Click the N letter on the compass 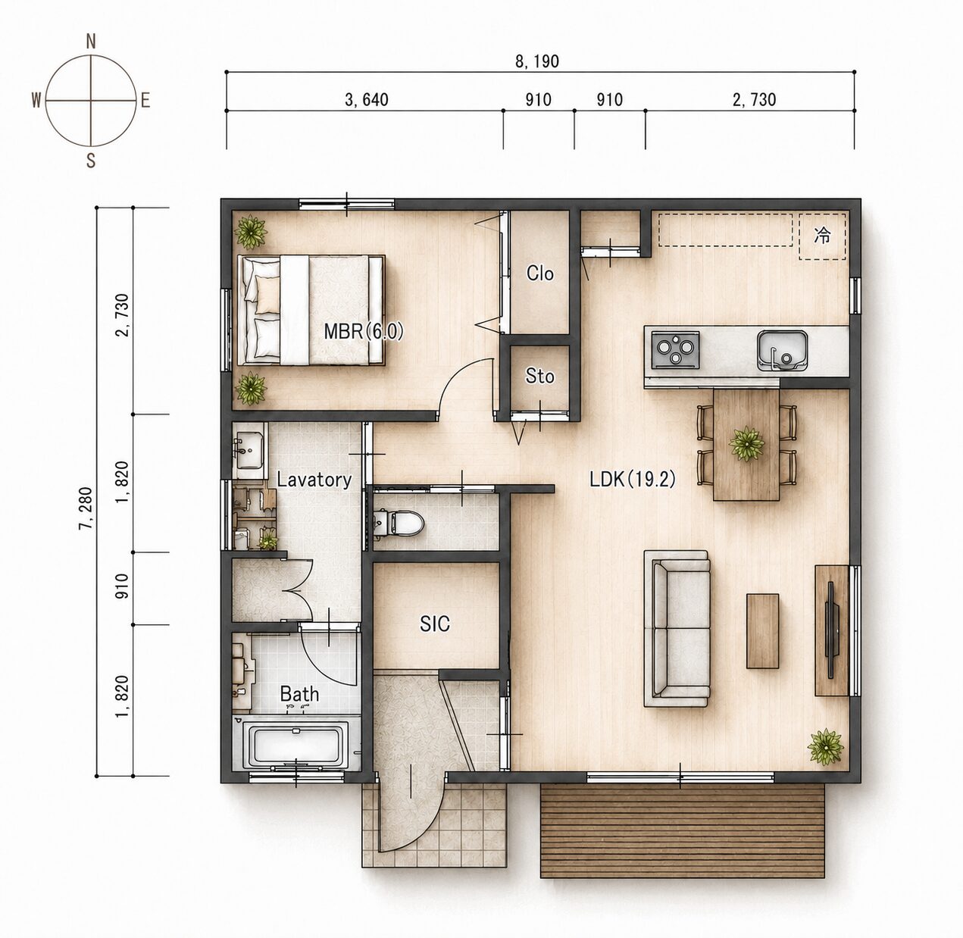[x=91, y=42]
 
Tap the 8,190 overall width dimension [x=537, y=61]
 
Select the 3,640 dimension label [x=367, y=100]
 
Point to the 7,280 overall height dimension [x=85, y=508]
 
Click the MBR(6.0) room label [x=364, y=331]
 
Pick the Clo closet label [x=540, y=274]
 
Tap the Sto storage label [x=540, y=377]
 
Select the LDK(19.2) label [x=633, y=479]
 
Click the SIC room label [x=435, y=624]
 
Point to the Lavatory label [x=314, y=480]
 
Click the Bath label [x=299, y=694]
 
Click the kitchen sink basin [x=782, y=350]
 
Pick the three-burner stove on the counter [x=676, y=350]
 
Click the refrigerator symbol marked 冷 [x=823, y=236]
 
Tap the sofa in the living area [x=677, y=628]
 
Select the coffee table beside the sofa [x=762, y=632]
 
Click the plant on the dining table [x=747, y=443]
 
